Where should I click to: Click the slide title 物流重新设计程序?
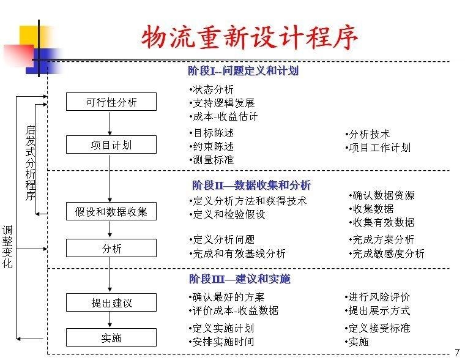(x=250, y=37)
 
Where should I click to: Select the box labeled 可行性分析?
(x=111, y=102)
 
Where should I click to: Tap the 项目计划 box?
(x=111, y=144)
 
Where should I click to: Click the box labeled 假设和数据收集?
(x=111, y=211)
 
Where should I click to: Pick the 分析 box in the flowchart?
(x=111, y=248)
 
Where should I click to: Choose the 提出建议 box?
(x=111, y=302)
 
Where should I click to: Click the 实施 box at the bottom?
(x=111, y=337)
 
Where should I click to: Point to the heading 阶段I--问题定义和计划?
(x=243, y=71)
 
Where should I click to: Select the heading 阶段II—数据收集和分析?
(x=251, y=185)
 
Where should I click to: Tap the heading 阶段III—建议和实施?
(x=240, y=279)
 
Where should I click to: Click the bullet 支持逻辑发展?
(x=222, y=103)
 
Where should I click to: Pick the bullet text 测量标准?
(x=212, y=160)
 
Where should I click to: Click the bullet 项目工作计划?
(x=378, y=148)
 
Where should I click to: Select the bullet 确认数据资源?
(x=382, y=195)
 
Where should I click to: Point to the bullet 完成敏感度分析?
(x=387, y=253)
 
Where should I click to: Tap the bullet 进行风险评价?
(x=378, y=297)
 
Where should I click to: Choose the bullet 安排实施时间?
(x=221, y=342)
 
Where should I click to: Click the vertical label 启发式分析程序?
(x=31, y=163)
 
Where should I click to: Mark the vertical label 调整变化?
(x=7, y=247)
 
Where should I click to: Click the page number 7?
(x=457, y=352)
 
